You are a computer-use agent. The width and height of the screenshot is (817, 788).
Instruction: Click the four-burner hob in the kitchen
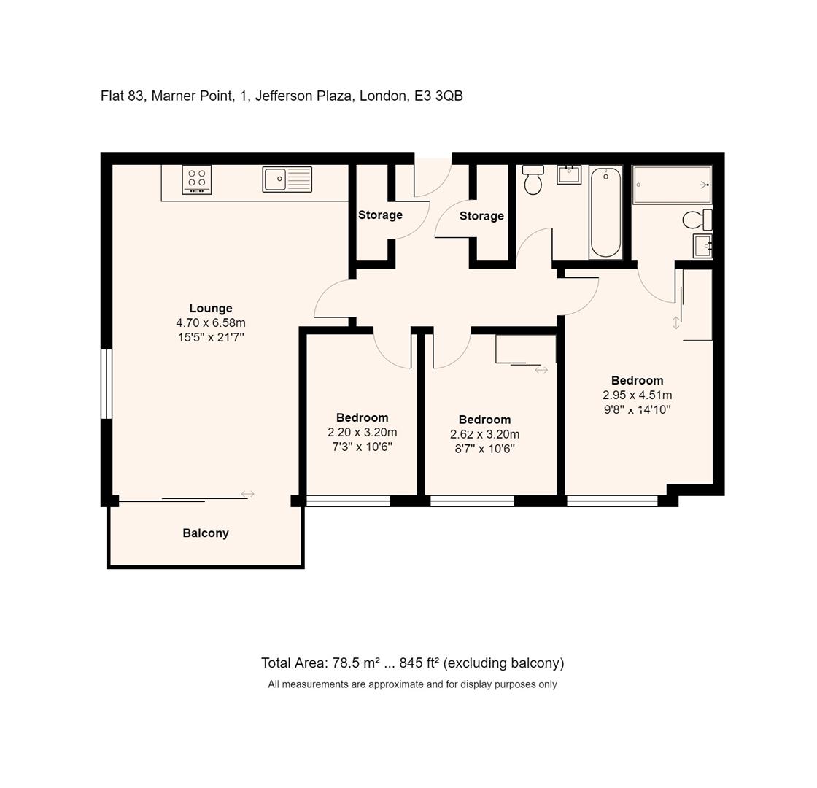[197, 179]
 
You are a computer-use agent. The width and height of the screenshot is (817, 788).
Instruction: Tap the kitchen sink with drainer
[287, 179]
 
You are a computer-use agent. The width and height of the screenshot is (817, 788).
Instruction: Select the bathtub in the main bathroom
[605, 212]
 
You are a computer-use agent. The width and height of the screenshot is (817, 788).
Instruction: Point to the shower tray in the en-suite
[672, 185]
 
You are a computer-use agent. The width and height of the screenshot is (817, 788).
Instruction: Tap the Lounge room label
[211, 308]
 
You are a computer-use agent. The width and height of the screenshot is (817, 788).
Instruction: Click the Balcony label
[206, 533]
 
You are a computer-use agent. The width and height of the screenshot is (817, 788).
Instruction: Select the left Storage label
[380, 215]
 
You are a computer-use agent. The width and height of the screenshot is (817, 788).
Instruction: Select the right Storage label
[481, 215]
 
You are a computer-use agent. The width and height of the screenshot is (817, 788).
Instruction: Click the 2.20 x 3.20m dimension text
[363, 432]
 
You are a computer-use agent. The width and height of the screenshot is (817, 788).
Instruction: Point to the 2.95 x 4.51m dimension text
[638, 395]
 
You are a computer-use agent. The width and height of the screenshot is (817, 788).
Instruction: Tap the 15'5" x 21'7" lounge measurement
[211, 337]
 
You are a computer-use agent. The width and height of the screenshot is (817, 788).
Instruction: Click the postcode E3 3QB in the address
[438, 96]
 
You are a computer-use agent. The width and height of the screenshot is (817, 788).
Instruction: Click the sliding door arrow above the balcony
[247, 494]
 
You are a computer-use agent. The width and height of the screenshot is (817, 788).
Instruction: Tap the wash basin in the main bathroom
[569, 174]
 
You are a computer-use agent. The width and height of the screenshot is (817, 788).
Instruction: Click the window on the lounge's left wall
[107, 384]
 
